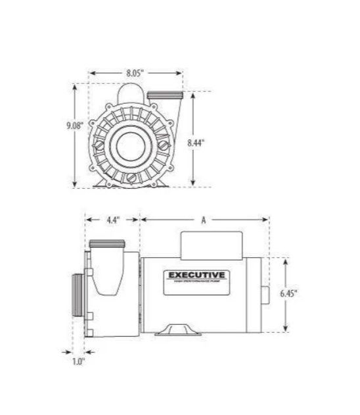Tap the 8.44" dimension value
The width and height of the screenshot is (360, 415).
click(x=196, y=141)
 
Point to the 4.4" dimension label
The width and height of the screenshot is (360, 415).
click(x=112, y=220)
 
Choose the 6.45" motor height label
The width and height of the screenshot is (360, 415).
click(x=287, y=294)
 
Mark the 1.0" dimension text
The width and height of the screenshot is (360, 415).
click(x=79, y=360)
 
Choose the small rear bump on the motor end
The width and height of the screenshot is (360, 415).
click(x=265, y=294)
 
